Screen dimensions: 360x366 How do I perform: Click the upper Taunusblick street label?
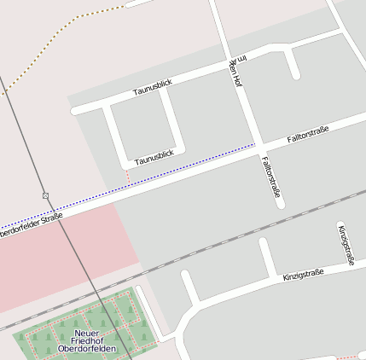click(153, 86)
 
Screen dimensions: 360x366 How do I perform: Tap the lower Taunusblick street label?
click(154, 157)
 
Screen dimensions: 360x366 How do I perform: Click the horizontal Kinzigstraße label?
click(303, 276)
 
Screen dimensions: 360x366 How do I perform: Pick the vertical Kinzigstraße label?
click(346, 244)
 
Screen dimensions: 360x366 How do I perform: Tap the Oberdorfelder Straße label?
click(31, 224)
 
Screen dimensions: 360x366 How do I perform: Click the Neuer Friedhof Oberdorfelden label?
click(86, 340)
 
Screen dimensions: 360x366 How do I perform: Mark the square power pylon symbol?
click(46, 195)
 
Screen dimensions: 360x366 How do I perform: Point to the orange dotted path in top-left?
click(51, 43)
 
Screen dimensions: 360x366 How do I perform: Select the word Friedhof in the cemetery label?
click(86, 340)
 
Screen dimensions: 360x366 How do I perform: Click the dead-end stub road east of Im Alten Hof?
click(292, 63)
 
